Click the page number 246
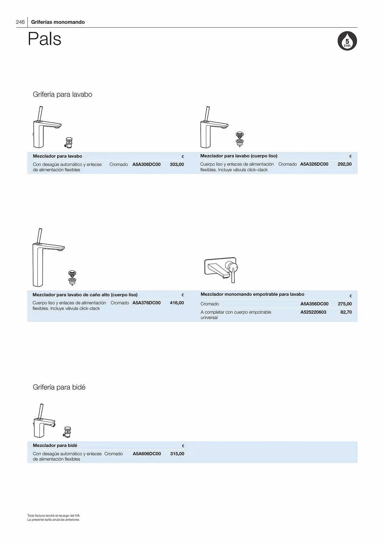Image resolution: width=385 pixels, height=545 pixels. (20, 22)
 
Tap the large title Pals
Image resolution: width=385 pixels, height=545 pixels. (44, 39)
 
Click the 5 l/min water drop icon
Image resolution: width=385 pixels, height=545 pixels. (347, 41)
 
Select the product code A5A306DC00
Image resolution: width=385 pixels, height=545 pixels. (146, 164)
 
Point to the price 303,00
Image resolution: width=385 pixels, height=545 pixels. (177, 164)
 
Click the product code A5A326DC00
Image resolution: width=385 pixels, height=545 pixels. (314, 164)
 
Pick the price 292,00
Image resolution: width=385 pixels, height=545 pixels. (344, 164)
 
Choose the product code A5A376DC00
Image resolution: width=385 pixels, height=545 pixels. (146, 303)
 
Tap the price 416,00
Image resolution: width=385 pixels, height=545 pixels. (177, 303)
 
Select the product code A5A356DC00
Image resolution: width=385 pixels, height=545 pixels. (314, 304)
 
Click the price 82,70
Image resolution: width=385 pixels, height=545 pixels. (346, 312)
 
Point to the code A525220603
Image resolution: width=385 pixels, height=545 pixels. (313, 312)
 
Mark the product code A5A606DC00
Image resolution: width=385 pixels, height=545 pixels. (147, 454)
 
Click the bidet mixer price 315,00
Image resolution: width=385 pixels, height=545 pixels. (177, 454)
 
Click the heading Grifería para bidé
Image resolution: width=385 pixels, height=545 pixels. (59, 387)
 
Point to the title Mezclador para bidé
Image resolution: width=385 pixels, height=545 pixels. (55, 445)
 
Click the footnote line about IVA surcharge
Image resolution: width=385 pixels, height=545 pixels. (53, 516)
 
